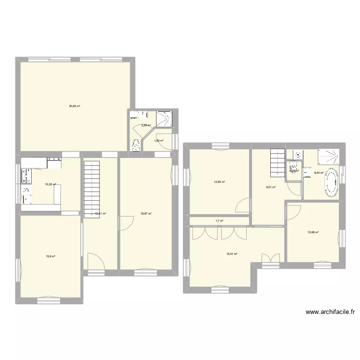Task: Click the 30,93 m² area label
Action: click(x=74, y=106)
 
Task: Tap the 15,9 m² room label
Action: click(x=50, y=256)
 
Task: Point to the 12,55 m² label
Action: click(x=219, y=181)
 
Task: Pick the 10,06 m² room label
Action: click(x=313, y=232)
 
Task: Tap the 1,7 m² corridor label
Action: click(x=219, y=221)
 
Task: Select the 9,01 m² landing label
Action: click(x=271, y=187)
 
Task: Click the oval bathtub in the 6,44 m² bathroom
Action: click(x=332, y=183)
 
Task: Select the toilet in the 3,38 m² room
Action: click(x=136, y=144)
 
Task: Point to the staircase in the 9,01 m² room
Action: click(x=277, y=162)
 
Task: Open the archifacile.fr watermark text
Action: click(x=330, y=312)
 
